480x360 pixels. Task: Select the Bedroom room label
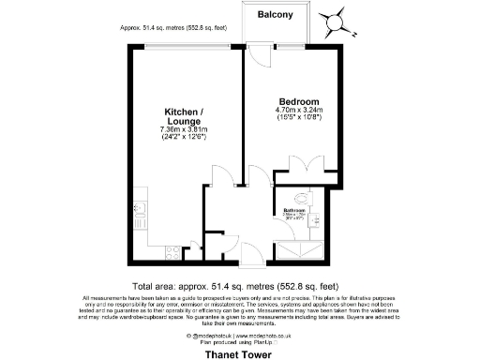click(299, 101)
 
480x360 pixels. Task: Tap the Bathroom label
click(298, 211)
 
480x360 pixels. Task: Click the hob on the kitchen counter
click(173, 251)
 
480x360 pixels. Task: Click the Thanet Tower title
click(240, 353)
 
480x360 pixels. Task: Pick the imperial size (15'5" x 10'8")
click(299, 119)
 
